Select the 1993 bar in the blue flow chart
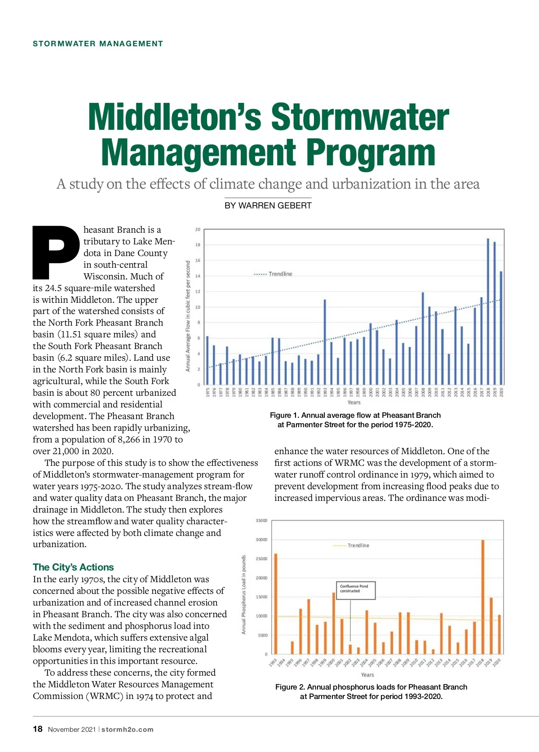click(325, 341)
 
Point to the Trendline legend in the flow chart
click(274, 274)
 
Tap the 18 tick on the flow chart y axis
click(198, 245)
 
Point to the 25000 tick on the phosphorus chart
click(261, 559)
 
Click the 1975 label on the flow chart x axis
click(208, 393)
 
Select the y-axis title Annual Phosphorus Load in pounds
click(244, 594)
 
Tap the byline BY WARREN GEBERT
click(268, 206)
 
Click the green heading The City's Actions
click(73, 567)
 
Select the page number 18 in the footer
click(38, 729)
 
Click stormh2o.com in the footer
click(128, 730)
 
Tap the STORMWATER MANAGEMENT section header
click(98, 44)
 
